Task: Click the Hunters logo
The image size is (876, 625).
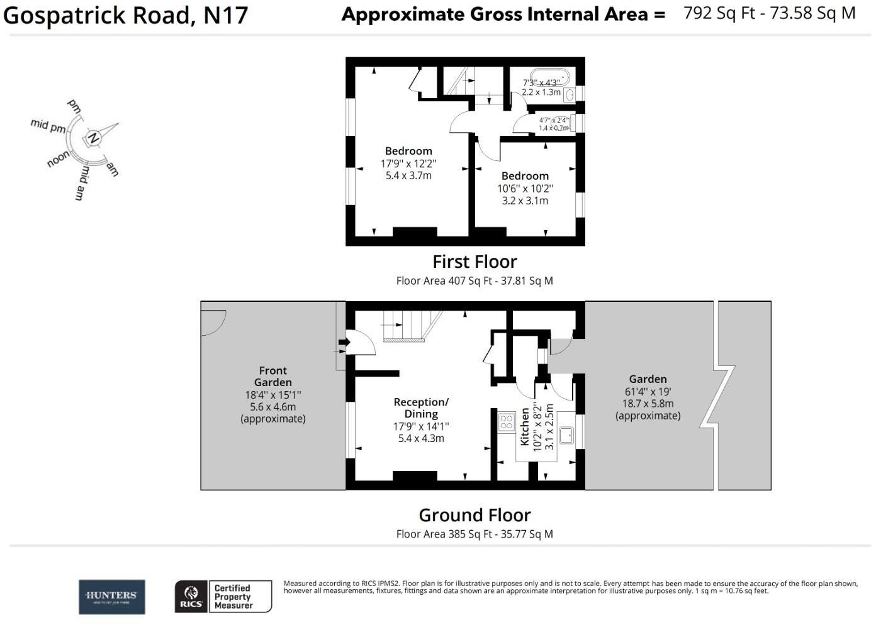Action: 111,597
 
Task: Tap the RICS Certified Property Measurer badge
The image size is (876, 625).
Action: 223,596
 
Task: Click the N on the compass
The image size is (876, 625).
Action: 93,138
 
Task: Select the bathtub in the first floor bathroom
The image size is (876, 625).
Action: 546,78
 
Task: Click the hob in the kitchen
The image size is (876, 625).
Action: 506,421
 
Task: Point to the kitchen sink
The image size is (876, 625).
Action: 566,434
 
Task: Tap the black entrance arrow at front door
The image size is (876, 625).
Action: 344,342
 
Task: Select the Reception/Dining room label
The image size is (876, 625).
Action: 421,407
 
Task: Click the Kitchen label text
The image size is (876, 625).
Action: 525,427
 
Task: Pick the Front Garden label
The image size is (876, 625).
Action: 272,376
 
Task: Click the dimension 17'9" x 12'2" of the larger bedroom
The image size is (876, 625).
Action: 408,163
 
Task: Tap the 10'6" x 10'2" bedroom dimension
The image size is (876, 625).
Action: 525,189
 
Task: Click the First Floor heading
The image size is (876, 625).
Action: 474,262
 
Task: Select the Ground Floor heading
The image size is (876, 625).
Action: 474,515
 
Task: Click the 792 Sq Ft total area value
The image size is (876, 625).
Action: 719,13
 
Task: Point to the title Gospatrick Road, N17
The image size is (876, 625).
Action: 126,15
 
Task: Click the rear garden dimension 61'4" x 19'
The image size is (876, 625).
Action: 647,392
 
